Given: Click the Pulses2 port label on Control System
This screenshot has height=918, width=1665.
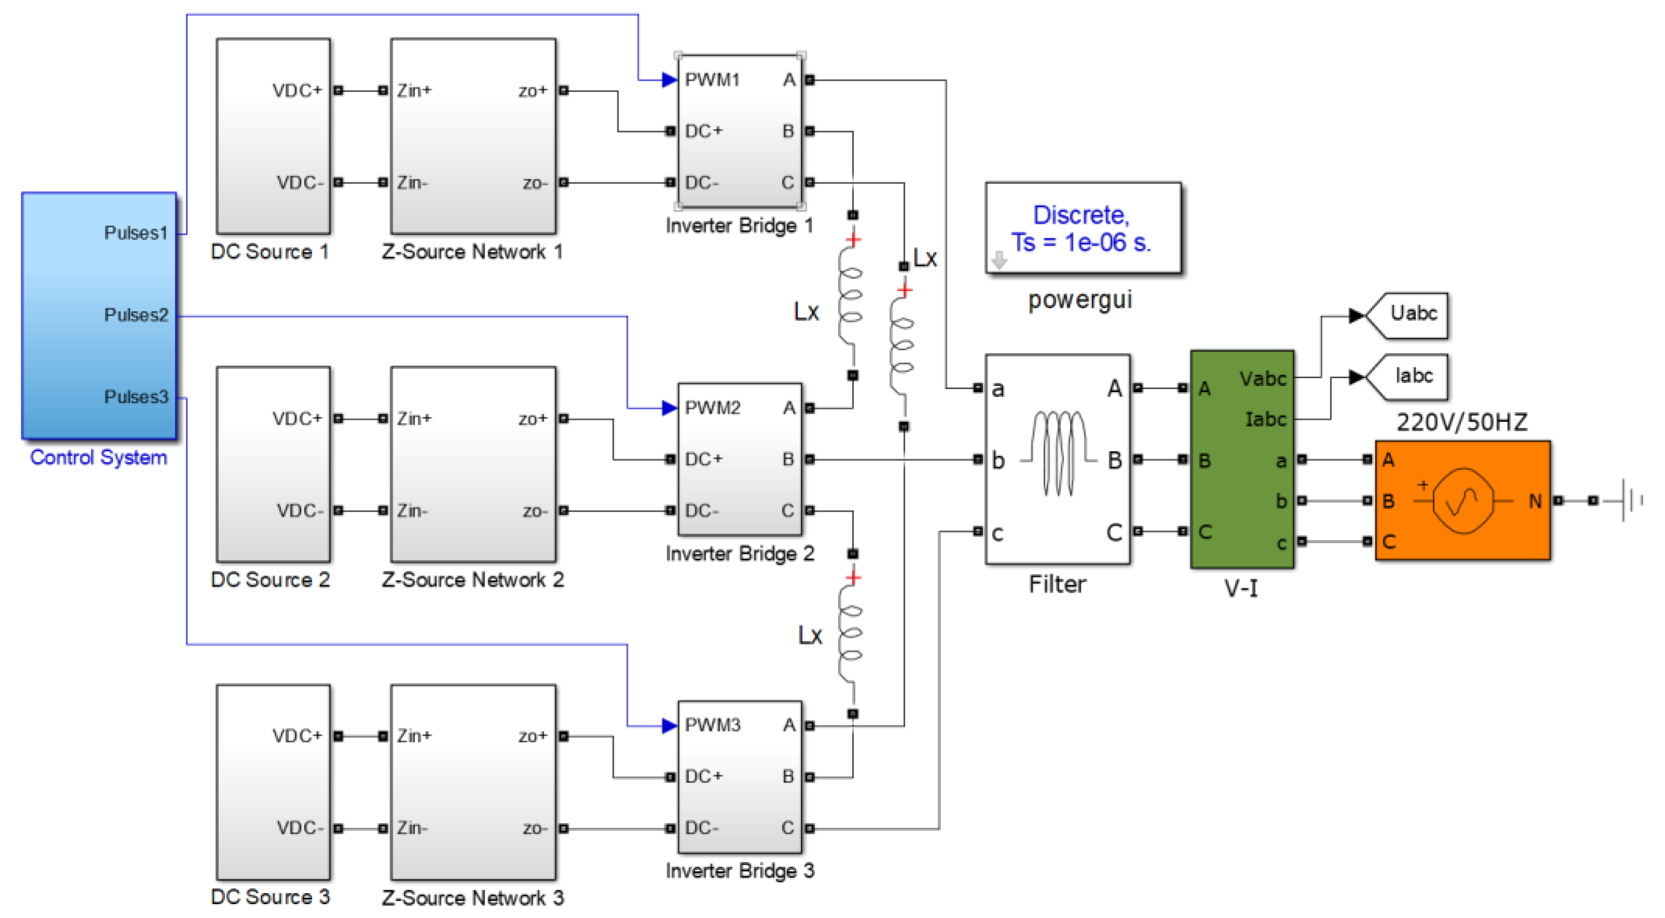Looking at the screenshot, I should point(136,315).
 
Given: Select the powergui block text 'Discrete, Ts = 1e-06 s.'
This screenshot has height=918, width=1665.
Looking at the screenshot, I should point(1081,228).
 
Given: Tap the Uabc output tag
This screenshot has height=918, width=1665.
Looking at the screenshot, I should point(1413,314).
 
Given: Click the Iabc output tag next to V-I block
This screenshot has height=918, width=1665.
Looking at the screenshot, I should point(1413,376).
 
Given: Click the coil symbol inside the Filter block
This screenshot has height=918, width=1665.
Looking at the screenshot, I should point(1059,453).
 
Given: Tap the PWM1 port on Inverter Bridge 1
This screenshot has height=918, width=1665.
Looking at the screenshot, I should point(712,80).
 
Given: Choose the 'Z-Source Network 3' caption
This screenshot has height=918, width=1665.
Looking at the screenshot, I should point(472,897).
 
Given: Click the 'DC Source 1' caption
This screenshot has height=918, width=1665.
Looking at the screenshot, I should point(270,252).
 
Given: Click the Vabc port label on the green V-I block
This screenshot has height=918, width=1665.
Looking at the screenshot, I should point(1262,379).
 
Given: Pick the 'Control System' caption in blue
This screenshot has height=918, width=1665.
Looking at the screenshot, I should point(98,457).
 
